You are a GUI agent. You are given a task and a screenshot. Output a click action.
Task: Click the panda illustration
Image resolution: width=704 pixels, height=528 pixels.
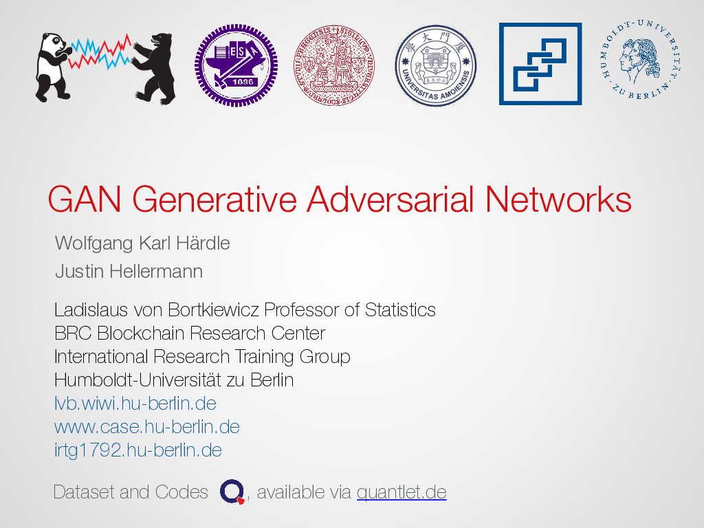(53, 67)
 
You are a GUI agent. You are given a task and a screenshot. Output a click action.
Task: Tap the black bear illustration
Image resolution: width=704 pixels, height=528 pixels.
(154, 68)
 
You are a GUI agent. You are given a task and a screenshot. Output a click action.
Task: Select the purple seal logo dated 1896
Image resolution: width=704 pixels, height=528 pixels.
(236, 65)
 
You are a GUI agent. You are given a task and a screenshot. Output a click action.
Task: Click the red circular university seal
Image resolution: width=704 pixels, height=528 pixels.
(334, 65)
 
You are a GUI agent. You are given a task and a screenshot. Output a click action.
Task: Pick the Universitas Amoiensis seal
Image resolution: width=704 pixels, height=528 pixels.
(435, 65)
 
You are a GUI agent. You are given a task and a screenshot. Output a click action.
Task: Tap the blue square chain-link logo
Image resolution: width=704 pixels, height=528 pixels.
(540, 64)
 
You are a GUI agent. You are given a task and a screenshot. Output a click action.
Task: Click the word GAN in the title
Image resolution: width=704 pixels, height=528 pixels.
(85, 199)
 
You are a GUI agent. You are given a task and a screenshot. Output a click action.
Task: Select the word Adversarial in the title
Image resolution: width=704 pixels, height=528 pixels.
(390, 199)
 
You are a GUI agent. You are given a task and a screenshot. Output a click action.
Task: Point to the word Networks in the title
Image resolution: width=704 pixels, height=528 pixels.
(558, 199)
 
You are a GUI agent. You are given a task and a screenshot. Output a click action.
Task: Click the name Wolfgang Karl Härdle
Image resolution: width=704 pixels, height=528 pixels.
(142, 243)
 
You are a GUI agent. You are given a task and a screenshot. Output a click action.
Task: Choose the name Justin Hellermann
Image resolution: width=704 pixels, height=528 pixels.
(129, 271)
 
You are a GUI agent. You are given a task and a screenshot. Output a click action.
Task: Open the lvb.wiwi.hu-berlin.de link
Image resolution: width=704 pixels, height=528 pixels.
(135, 403)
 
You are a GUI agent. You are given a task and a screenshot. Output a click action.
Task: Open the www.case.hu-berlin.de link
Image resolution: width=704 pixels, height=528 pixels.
(147, 426)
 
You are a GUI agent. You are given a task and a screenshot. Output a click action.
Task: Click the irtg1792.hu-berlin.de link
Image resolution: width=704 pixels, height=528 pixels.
(137, 450)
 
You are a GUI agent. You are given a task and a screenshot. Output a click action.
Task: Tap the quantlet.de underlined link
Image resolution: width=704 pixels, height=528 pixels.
(401, 492)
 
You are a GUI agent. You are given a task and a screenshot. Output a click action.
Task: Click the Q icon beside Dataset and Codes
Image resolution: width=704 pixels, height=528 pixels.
(232, 492)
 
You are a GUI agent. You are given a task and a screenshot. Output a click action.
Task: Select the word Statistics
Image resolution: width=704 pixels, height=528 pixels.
(400, 310)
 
